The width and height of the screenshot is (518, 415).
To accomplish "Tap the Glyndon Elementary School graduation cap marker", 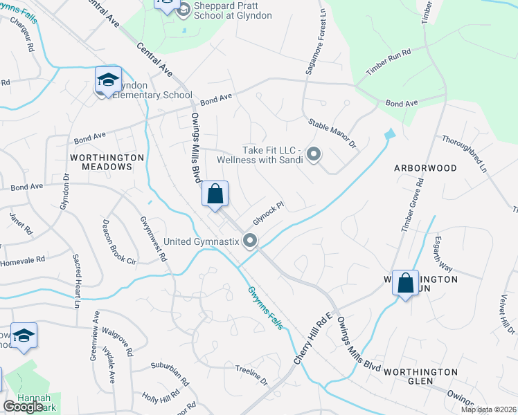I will click(x=109, y=82).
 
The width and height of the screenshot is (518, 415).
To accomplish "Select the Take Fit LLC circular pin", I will click(x=314, y=155).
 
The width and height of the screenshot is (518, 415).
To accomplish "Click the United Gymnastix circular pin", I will click(x=250, y=241).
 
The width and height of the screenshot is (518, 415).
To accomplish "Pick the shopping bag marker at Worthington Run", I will click(x=405, y=283).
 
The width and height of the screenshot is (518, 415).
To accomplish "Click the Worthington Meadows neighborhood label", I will click(x=107, y=162).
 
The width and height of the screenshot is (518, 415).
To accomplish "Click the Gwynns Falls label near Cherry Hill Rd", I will click(x=265, y=308).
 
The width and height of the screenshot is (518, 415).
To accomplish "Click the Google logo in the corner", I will click(x=23, y=406).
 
